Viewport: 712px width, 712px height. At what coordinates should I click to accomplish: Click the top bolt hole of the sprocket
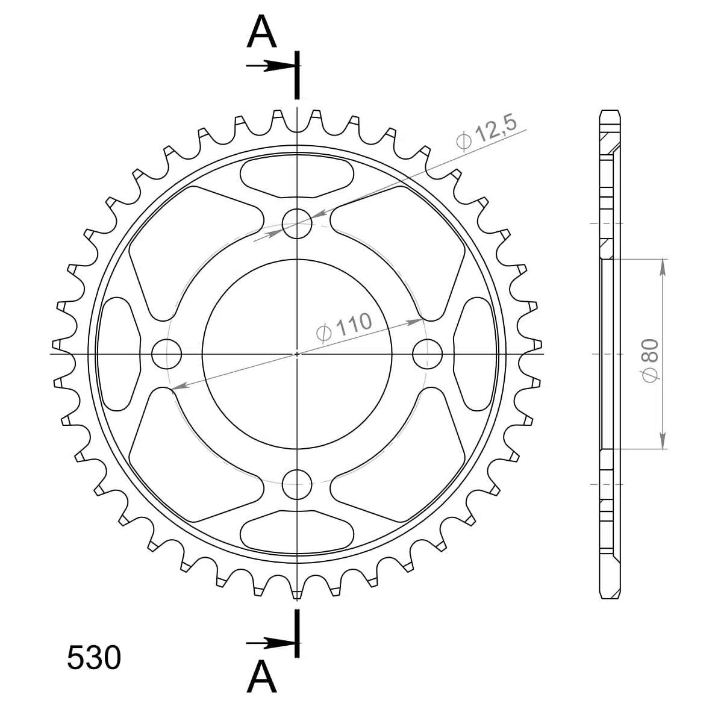297,223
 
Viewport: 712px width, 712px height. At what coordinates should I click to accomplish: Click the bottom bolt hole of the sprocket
297,484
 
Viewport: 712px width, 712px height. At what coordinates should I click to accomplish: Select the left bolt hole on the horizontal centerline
166,354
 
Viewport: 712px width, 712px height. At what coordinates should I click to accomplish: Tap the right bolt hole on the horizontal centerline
427,354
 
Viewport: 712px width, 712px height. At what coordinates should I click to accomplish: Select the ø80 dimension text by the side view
650,360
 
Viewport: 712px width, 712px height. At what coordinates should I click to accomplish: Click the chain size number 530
94,658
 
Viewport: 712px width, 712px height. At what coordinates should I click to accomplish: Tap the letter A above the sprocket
261,31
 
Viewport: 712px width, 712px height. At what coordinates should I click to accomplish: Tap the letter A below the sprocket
261,676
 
